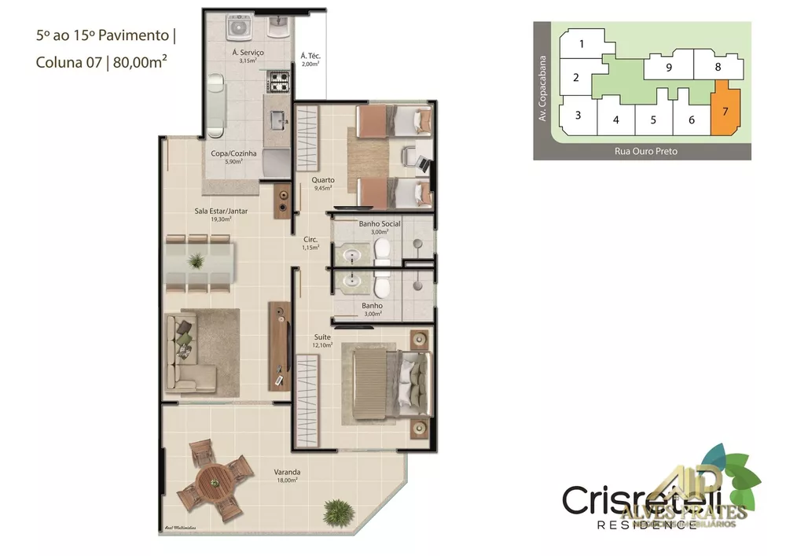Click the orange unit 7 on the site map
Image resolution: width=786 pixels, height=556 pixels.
coord(725,110)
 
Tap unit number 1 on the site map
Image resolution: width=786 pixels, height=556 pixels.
coord(582,44)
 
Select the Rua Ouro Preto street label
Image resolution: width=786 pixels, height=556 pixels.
coord(645,151)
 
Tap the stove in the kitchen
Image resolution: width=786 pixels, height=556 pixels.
coord(279,81)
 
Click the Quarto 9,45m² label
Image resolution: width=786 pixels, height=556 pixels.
coord(323,183)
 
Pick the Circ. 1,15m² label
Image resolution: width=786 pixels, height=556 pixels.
coord(310,243)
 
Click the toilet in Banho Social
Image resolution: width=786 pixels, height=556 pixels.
coord(383,250)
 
